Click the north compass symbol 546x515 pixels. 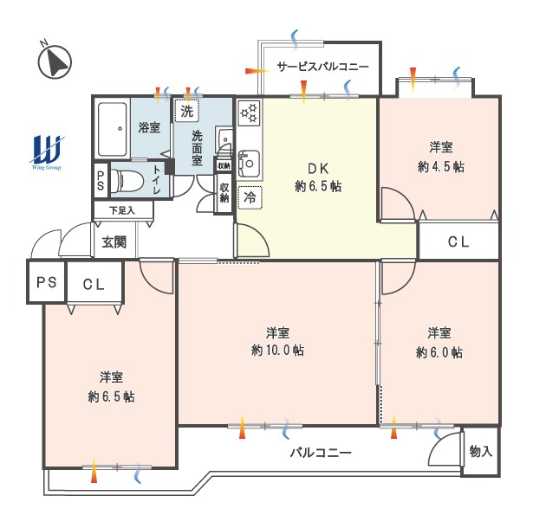pyautogui.click(x=54, y=61)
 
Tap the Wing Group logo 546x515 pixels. pyautogui.click(x=47, y=152)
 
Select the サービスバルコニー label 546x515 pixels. pyautogui.click(x=322, y=66)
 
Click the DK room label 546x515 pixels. pyautogui.click(x=318, y=169)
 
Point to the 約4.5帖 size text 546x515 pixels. pyautogui.click(x=441, y=167)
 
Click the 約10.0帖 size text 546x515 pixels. pyautogui.click(x=277, y=351)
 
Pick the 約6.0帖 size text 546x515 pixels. pyautogui.click(x=439, y=353)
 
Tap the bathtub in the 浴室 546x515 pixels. pyautogui.click(x=112, y=129)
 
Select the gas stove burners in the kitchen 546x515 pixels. pyautogui.click(x=250, y=113)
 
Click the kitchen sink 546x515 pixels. pyautogui.click(x=249, y=163)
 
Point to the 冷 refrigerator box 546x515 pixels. pyautogui.click(x=250, y=198)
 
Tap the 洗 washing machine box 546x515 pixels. pyautogui.click(x=186, y=112)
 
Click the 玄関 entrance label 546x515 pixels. pyautogui.click(x=114, y=242)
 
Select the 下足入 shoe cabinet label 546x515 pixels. pyautogui.click(x=122, y=210)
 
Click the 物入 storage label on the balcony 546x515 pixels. pyautogui.click(x=480, y=451)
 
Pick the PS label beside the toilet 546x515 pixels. pyautogui.click(x=101, y=181)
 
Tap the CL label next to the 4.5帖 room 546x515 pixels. pyautogui.click(x=458, y=241)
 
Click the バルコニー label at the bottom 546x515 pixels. pyautogui.click(x=321, y=453)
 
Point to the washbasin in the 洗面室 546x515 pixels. pyautogui.click(x=224, y=140)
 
